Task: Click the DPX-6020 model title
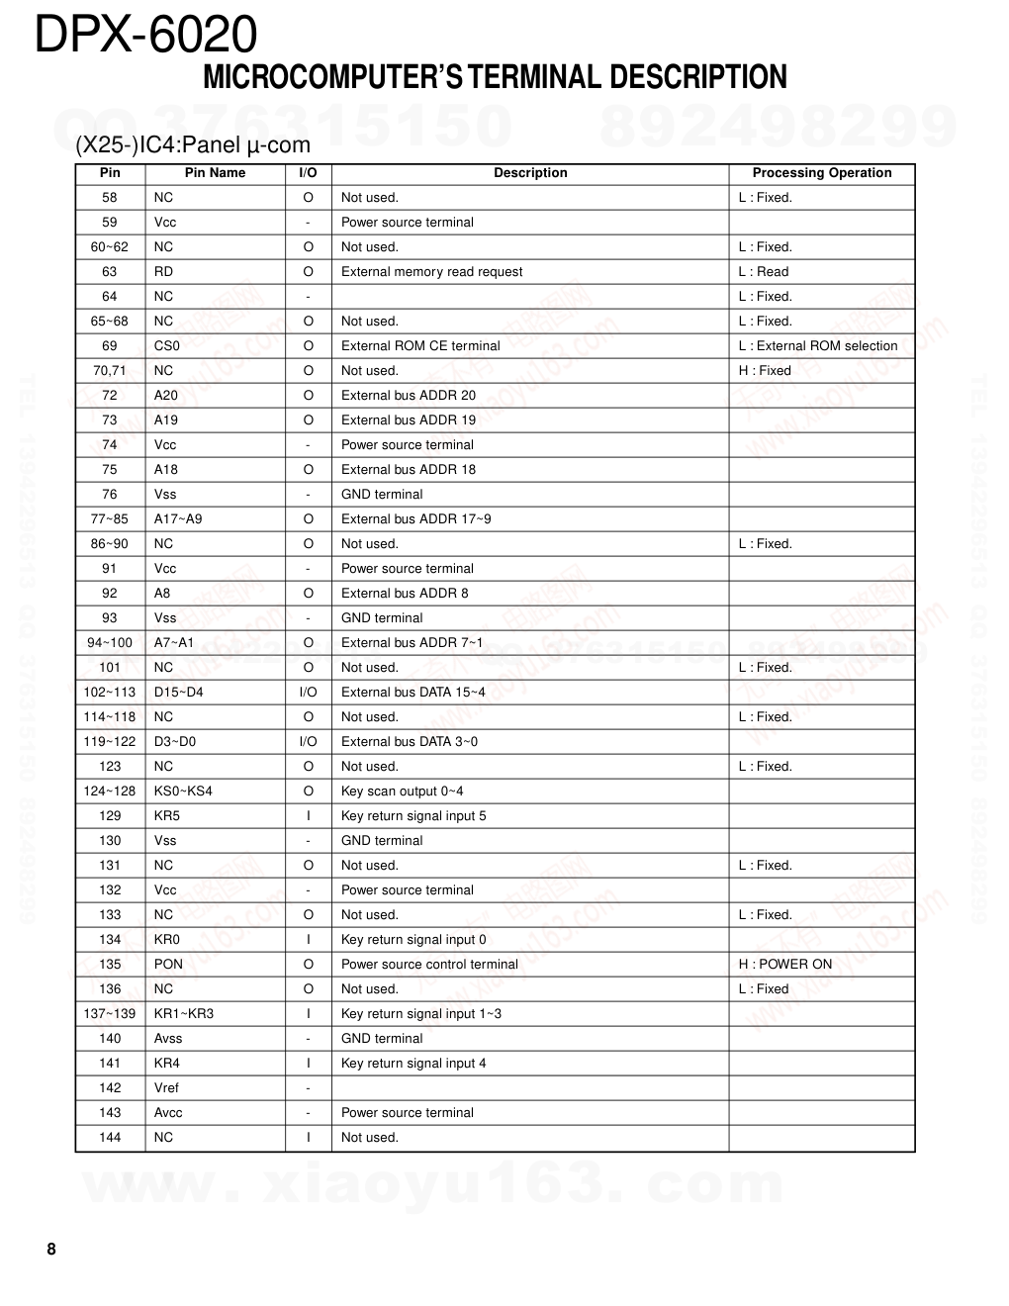(146, 36)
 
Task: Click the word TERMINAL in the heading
(535, 77)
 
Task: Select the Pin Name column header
(215, 173)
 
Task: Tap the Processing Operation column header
(821, 173)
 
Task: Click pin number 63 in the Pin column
(110, 272)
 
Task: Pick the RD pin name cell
(163, 272)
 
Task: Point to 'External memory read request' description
(431, 272)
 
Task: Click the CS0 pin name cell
(167, 346)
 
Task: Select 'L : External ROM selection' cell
(817, 346)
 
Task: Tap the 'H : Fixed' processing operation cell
(765, 371)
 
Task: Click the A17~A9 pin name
(178, 519)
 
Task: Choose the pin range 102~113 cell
(110, 693)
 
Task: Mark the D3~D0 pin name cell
(175, 742)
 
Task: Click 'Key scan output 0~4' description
(402, 792)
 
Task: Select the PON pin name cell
(168, 965)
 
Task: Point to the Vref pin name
(166, 1088)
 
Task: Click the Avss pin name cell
(168, 1039)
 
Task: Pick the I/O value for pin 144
(309, 1138)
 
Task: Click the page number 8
(51, 1250)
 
